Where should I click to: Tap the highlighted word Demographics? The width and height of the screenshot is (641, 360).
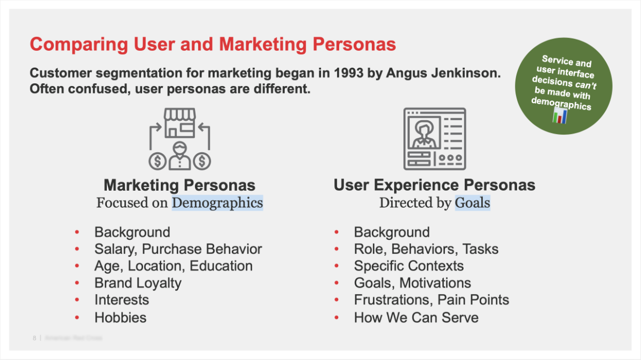217,203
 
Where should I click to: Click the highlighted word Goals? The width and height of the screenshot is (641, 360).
472,203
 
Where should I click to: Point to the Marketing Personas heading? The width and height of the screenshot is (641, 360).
179,185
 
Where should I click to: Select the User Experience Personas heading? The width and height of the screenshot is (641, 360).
434,185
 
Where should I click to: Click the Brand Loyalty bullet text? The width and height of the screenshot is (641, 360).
138,283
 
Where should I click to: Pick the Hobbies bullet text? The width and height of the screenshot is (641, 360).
120,317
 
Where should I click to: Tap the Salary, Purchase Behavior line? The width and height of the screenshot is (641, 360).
178,249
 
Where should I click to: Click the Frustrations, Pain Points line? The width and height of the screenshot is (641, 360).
431,300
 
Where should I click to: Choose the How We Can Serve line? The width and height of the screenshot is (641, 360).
416,318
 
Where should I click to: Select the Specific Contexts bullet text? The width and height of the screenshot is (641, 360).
409,266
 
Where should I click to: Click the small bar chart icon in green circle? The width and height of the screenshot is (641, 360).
560,116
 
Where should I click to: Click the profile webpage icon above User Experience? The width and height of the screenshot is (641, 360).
434,139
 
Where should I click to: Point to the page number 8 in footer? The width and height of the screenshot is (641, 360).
34,338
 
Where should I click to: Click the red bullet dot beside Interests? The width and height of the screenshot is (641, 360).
77,300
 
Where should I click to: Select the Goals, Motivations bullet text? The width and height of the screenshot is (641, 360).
412,283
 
